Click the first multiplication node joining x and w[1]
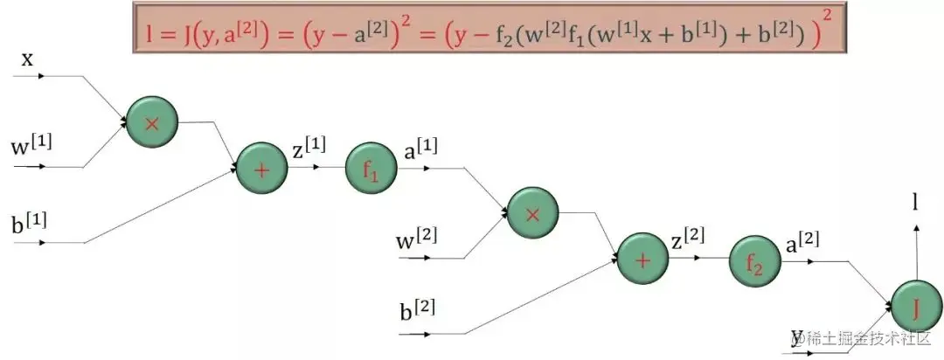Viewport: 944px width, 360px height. [151, 122]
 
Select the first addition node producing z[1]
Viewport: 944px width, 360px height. [261, 169]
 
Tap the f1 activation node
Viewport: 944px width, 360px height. [371, 169]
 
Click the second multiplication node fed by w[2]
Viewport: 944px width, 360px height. [533, 212]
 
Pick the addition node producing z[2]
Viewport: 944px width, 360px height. [643, 259]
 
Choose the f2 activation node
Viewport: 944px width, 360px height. [753, 260]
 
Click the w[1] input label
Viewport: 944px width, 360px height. [31, 143]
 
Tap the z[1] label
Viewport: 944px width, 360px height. [309, 148]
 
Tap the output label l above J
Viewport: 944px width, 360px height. [914, 204]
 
